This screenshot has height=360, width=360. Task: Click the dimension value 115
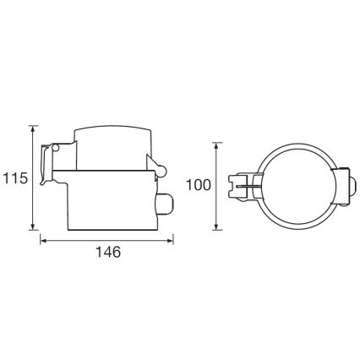tap(14, 178)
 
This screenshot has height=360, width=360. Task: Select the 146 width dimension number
tap(107, 253)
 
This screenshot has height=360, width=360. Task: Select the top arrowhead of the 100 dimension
tap(219, 145)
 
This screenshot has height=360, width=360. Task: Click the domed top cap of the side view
tap(112, 135)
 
